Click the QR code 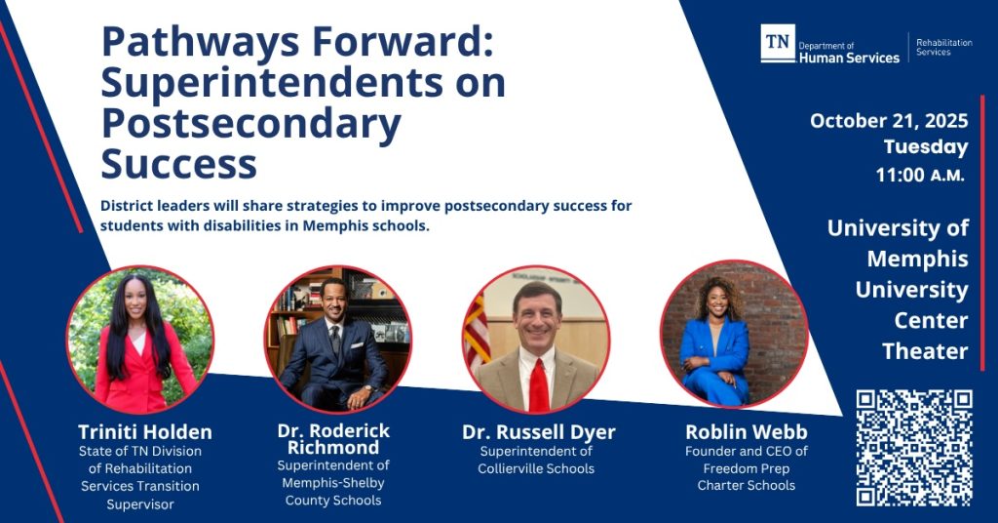[x=914, y=448]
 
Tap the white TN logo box [x=778, y=43]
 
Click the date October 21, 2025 [x=889, y=120]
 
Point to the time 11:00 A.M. [x=920, y=175]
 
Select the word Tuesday [x=926, y=147]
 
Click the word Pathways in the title [x=201, y=43]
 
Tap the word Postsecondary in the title [x=251, y=124]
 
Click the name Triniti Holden [x=145, y=432]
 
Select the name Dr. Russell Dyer [x=538, y=432]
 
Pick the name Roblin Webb [x=746, y=432]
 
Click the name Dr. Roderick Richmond [x=333, y=439]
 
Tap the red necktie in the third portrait [x=539, y=384]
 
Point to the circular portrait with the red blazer [x=140, y=340]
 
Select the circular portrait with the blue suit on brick [x=734, y=335]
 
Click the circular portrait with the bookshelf [x=337, y=340]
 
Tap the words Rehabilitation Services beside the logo [x=943, y=47]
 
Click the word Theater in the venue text [x=925, y=351]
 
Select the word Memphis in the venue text [x=917, y=259]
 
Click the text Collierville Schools [x=536, y=469]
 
